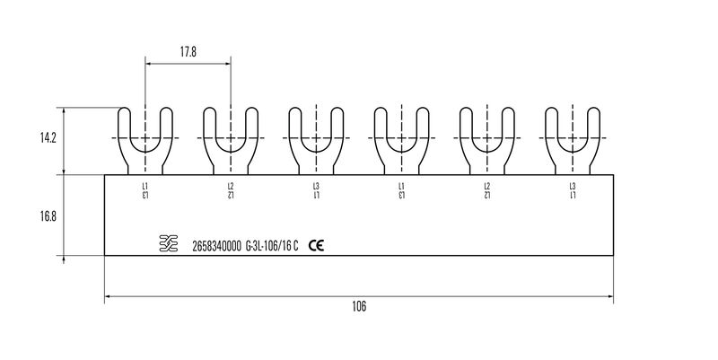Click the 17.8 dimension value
click(188, 52)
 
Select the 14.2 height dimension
click(48, 138)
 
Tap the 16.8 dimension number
click(48, 215)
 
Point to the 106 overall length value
click(360, 306)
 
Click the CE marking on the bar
click(316, 246)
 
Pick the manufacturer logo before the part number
click(169, 243)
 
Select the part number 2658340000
click(216, 246)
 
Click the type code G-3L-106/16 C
click(272, 246)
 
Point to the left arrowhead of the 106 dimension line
click(107, 297)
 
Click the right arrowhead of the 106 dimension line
click(611, 297)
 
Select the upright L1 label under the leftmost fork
click(145, 187)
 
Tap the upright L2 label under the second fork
click(231, 187)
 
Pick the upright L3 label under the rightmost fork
click(573, 187)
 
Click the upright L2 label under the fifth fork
click(487, 187)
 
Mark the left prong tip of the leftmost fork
click(124, 108)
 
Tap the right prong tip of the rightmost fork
click(594, 108)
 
